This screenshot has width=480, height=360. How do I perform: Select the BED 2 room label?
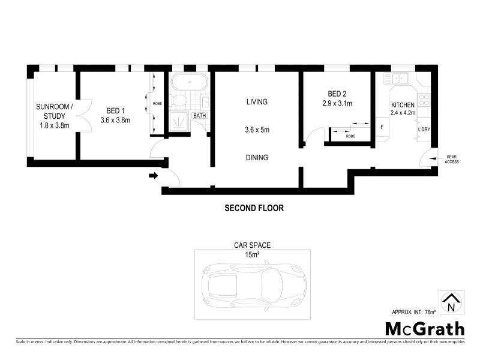tap(336, 94)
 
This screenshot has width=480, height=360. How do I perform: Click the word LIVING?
tap(256, 102)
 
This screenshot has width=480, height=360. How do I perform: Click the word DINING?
tap(256, 158)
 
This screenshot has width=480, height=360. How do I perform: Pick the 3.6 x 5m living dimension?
tap(256, 129)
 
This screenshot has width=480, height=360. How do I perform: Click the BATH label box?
tap(199, 116)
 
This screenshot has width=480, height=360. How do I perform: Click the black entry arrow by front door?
tap(153, 176)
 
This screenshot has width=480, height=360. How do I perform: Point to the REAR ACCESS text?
tap(451, 159)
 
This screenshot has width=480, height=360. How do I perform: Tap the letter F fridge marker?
tap(382, 127)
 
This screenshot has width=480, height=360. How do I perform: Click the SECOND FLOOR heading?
tap(253, 209)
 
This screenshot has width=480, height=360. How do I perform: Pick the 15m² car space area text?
tap(253, 254)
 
